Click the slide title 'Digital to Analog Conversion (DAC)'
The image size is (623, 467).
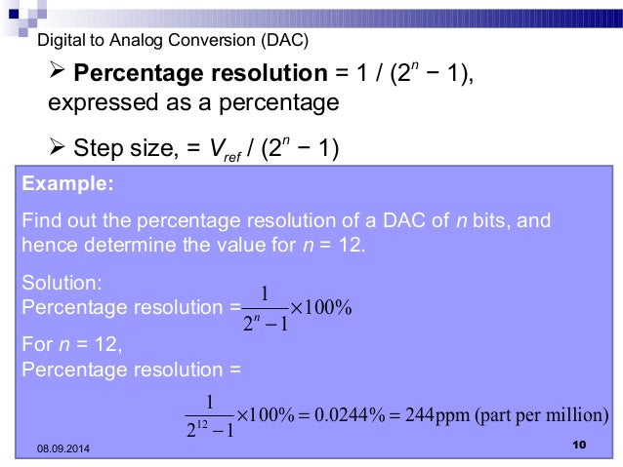(172, 40)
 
